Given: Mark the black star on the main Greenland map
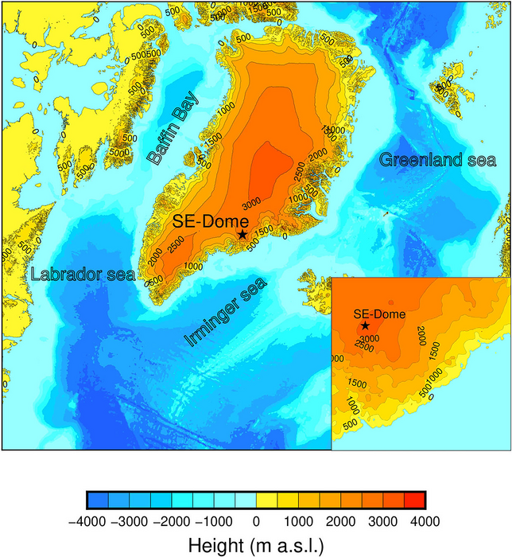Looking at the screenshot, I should (242, 235).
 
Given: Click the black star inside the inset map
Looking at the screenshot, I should (365, 325).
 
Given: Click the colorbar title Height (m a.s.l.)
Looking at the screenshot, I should (256, 545).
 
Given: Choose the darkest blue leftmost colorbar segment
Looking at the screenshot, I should (96, 500).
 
